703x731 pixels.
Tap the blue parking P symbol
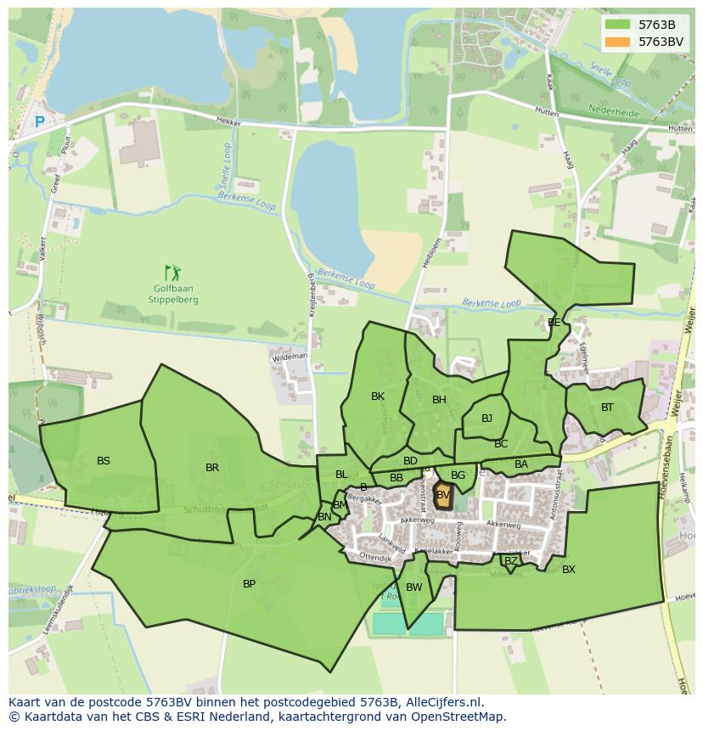(x=39, y=122)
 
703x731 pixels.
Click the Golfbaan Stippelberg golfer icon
(x=172, y=273)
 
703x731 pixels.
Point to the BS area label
(x=103, y=461)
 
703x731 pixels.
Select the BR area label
(x=212, y=468)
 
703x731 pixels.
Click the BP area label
(x=249, y=584)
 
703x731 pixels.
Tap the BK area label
(x=378, y=396)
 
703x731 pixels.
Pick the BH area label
(x=439, y=400)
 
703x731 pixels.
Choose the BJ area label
(x=486, y=419)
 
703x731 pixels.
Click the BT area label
(x=607, y=408)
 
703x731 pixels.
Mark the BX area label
(x=569, y=570)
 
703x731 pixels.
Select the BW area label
(x=414, y=588)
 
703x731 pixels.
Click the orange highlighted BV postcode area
(x=443, y=496)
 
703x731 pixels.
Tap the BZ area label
(x=510, y=561)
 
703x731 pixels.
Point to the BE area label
(x=554, y=323)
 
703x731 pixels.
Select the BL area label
(x=341, y=475)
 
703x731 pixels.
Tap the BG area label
(x=458, y=475)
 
